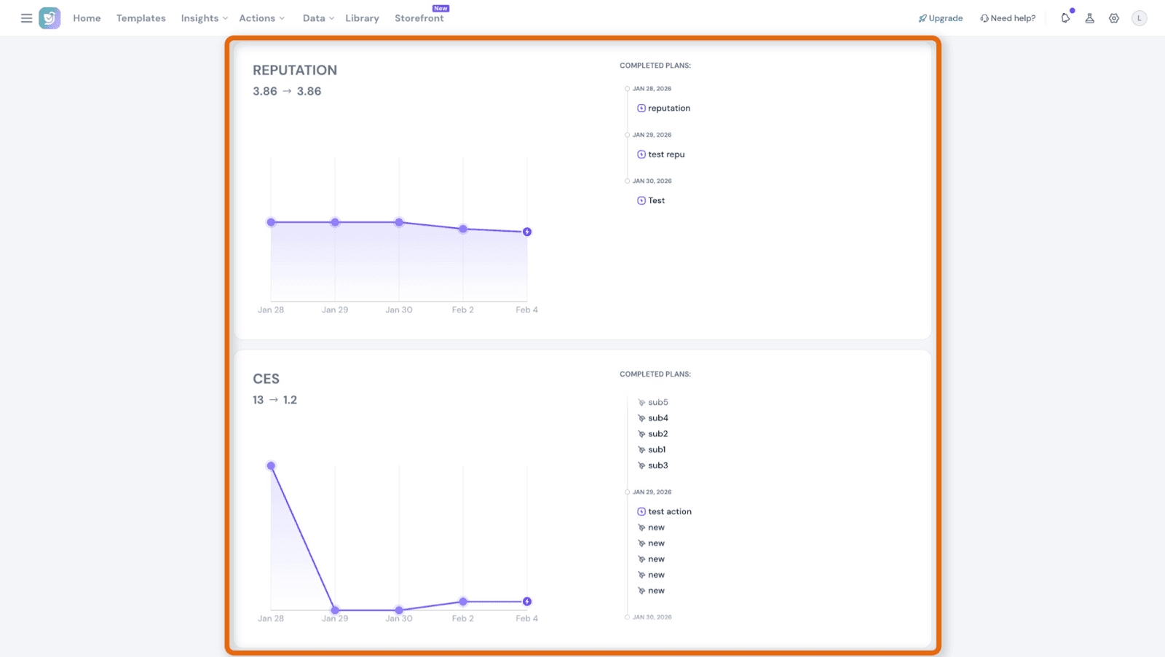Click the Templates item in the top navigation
tap(141, 18)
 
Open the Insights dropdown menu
tap(204, 18)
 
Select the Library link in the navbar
tap(362, 18)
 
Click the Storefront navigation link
tap(419, 18)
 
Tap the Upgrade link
tap(941, 18)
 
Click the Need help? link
tap(1008, 18)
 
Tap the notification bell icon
tap(1065, 18)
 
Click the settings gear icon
tap(1114, 18)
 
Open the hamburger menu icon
tap(26, 18)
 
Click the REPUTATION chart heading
tap(295, 71)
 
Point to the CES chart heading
tap(266, 379)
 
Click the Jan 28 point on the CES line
tap(271, 466)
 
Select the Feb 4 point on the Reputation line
tap(527, 232)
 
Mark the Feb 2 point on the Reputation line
tap(463, 229)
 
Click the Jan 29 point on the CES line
tap(335, 610)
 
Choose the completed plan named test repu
tap(666, 154)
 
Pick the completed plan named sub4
tap(657, 418)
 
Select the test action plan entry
tap(669, 512)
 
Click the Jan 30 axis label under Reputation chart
tap(399, 310)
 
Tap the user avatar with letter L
tap(1140, 18)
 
